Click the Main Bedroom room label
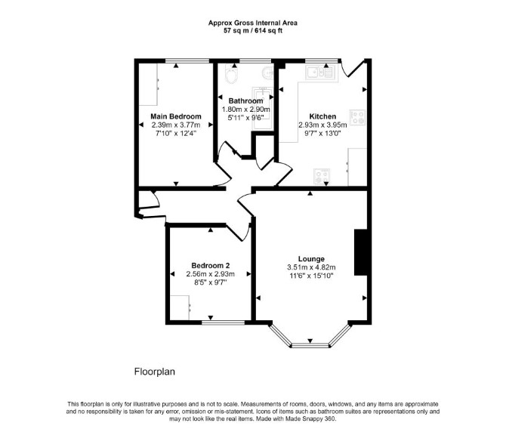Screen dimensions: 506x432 pos(176,116)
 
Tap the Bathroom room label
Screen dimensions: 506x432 pos(246,100)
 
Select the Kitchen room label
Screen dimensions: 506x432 pos(322,116)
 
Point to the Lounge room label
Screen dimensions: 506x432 pos(311,259)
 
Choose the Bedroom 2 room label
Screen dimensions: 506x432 pos(211,266)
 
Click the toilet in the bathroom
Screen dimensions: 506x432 pos(231,75)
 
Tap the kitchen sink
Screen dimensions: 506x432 pos(321,73)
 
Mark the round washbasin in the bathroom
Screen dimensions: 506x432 pos(268,73)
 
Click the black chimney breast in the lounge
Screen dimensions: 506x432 pos(361,252)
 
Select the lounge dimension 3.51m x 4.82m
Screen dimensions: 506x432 pos(311,267)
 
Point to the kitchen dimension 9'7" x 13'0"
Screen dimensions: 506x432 pos(322,133)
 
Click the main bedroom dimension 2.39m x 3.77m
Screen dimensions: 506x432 pos(176,125)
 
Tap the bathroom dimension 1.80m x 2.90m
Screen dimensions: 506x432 pos(246,109)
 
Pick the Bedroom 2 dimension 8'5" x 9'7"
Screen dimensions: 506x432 pos(211,282)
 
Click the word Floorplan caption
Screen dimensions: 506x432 pos(155,372)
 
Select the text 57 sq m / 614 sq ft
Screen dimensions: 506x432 pos(253,31)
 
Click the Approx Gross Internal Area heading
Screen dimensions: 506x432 pos(253,23)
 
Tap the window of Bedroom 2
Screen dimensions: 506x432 pos(224,322)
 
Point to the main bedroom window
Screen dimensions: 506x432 pos(187,60)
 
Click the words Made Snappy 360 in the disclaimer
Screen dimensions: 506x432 pos(310,419)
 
